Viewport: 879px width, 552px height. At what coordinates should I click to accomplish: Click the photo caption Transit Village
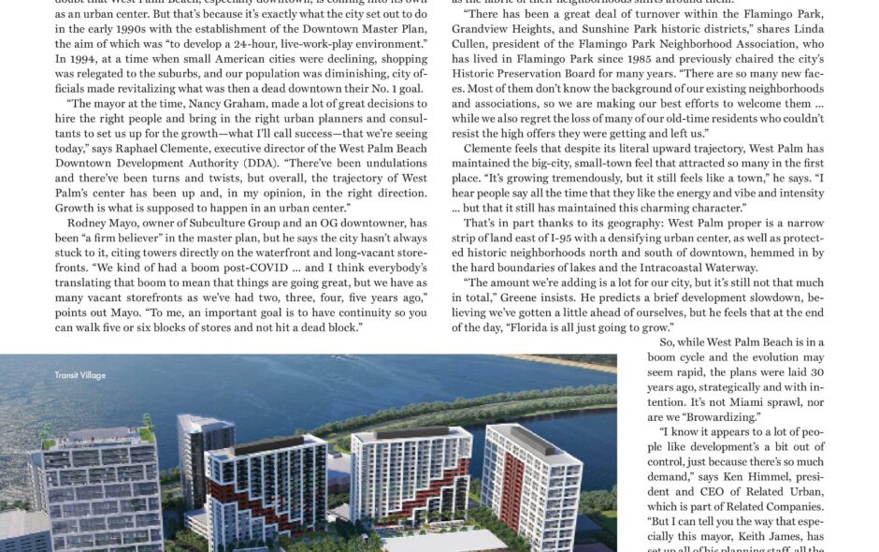pyautogui.click(x=79, y=375)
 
